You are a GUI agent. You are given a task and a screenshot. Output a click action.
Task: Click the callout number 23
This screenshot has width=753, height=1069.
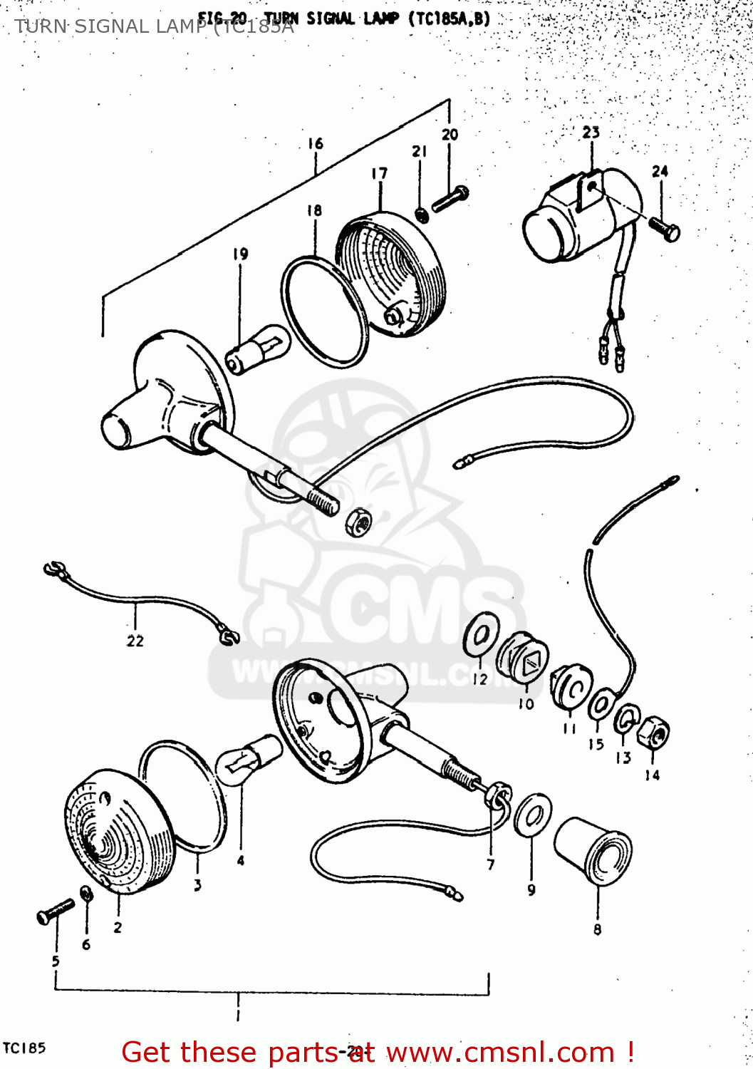tap(591, 133)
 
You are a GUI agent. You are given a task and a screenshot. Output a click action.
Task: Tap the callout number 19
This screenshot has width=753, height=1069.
tap(240, 254)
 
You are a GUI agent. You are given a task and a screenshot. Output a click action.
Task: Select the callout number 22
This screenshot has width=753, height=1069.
tap(135, 641)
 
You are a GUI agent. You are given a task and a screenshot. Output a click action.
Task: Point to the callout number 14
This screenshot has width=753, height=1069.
tap(652, 775)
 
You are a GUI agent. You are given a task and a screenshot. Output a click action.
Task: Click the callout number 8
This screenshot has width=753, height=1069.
tap(597, 929)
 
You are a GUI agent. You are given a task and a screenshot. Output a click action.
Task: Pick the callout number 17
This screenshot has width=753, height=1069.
tap(379, 173)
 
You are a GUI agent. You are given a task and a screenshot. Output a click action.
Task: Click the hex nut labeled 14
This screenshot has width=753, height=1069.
tap(653, 734)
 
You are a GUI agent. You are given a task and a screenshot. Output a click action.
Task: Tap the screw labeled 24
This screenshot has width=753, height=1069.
tap(664, 229)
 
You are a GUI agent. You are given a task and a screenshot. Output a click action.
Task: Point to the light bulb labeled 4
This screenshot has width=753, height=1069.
tap(249, 759)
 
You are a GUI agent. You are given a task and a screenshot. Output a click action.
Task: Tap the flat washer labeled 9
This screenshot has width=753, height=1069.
tap(532, 816)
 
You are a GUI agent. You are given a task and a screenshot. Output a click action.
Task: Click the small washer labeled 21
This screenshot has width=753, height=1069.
tap(422, 213)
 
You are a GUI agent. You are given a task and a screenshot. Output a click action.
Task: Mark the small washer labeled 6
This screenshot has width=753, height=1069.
tap(86, 894)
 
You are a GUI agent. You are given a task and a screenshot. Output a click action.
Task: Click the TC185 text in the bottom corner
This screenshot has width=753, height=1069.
tap(24, 1048)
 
